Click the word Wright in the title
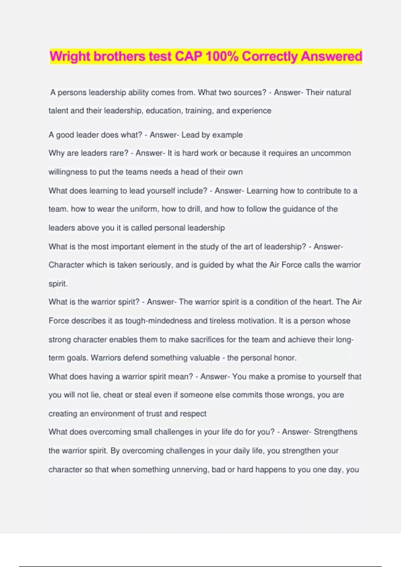tap(70, 56)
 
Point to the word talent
tap(58, 111)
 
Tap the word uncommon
tap(331, 153)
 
